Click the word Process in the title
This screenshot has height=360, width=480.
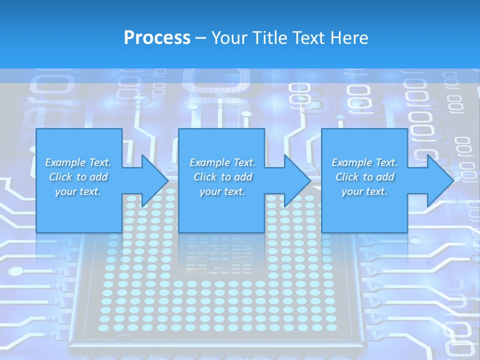(157, 38)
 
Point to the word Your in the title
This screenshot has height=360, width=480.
(230, 38)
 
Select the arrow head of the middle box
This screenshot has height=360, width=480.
(296, 180)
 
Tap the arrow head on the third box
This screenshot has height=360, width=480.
(439, 180)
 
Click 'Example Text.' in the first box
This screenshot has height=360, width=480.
(78, 162)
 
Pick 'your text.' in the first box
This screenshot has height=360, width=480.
(78, 191)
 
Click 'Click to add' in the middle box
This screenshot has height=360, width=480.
(222, 177)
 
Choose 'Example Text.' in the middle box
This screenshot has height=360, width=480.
(222, 162)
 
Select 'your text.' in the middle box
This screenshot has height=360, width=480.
(222, 191)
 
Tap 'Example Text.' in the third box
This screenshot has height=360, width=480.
(364, 162)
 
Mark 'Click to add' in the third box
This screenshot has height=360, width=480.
(364, 177)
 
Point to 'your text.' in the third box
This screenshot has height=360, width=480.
(364, 191)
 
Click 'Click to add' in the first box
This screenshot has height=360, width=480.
(78, 177)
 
